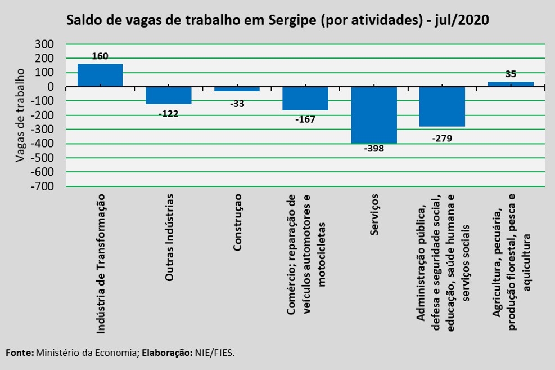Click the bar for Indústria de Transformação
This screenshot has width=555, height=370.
pos(100,75)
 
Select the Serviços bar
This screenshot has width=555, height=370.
pos(374,115)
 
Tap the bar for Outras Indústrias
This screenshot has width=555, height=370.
pos(169,95)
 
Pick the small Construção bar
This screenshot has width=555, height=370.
pos(237,89)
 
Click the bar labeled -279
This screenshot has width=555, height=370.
pos(442,106)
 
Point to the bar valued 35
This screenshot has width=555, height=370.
pos(511,84)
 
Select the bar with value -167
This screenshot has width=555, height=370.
pos(305,99)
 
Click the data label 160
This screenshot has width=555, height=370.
pos(100,56)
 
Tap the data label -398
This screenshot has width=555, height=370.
pos(374,149)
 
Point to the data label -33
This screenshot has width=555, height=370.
pos(237,104)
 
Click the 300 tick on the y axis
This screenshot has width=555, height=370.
pos(44,44)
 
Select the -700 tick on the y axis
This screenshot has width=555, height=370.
pos(42,186)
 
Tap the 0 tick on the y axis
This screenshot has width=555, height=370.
pos(50,87)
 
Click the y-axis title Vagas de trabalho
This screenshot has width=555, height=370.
pos(20,115)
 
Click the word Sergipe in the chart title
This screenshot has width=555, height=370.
pos(292,20)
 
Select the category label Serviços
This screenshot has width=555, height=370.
pos(374,215)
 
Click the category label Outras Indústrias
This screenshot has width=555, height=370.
pos(169,238)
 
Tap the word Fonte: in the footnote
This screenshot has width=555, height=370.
pos(20,353)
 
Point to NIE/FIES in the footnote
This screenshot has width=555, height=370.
pos(215,353)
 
